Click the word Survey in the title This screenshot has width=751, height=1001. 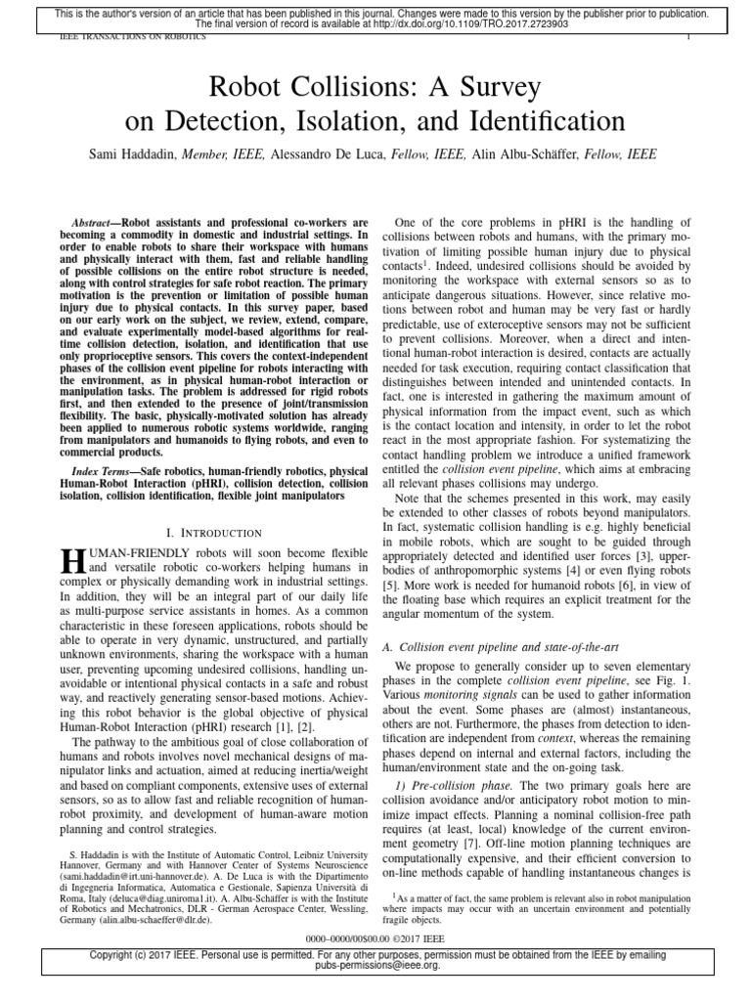click(489, 88)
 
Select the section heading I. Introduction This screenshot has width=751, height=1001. click(214, 533)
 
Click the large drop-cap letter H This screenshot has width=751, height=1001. click(72, 560)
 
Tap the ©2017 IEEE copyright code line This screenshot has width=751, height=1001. click(375, 936)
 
